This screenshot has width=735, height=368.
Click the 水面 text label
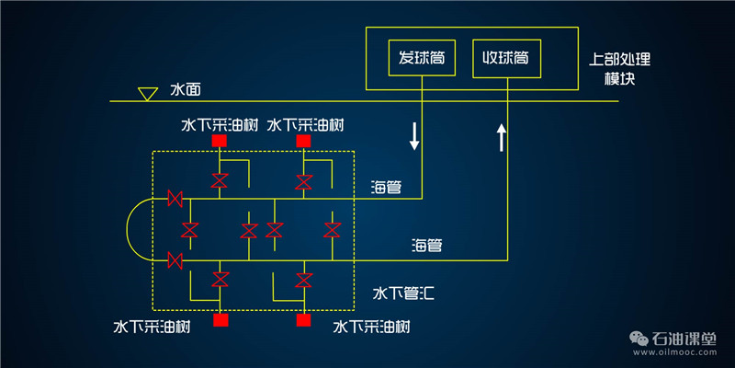point(185,91)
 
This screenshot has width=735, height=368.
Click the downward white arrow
point(414,135)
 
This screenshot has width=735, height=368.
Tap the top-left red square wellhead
point(220,141)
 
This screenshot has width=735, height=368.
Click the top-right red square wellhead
point(303,141)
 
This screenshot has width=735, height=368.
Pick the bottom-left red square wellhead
point(220,320)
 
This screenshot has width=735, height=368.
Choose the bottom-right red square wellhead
point(303,320)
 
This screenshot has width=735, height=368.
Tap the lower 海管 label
point(427,246)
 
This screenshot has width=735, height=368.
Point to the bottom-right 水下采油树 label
point(370,328)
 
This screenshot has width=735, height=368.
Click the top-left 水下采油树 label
point(219,122)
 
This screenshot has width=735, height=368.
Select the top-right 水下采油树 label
point(305,122)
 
